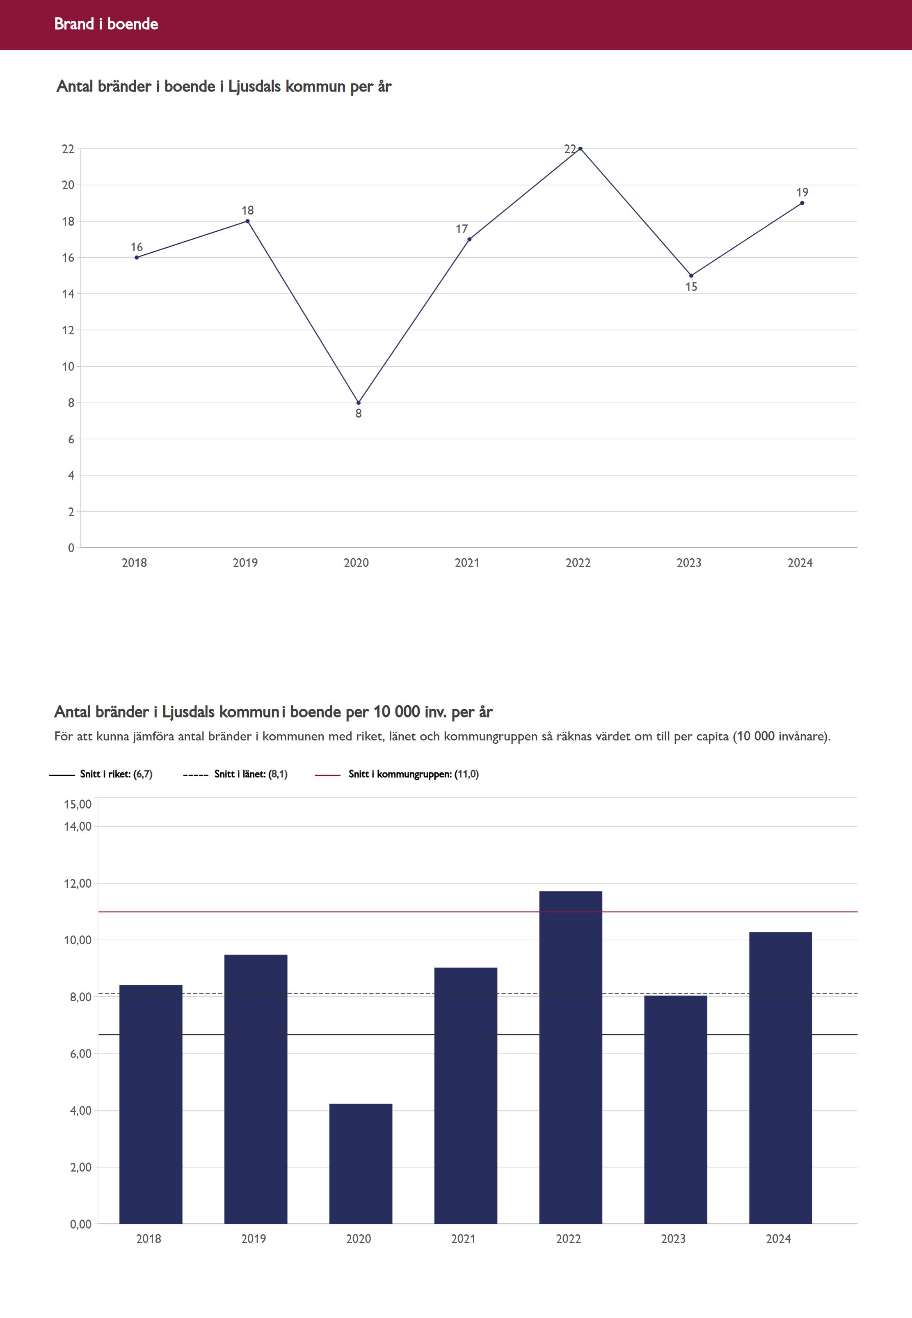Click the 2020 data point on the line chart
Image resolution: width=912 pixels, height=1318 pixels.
tap(358, 403)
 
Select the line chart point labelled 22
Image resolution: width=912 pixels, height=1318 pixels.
tap(580, 148)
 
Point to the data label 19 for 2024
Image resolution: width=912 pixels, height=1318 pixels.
tap(802, 192)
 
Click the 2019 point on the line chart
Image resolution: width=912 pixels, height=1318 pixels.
tap(247, 221)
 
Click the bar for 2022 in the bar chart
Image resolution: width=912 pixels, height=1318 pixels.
tap(570, 1057)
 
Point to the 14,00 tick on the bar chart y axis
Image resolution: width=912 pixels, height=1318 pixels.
tap(78, 827)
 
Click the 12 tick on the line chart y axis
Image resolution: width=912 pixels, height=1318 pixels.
tap(69, 330)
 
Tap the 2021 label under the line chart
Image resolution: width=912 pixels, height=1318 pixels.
tap(467, 563)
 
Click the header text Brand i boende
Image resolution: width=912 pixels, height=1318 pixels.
tap(106, 24)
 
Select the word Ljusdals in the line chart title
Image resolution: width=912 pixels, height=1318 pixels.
tap(254, 87)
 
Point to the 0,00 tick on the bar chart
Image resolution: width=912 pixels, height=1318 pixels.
tap(80, 1224)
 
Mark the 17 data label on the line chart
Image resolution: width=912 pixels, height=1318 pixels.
tap(462, 229)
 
